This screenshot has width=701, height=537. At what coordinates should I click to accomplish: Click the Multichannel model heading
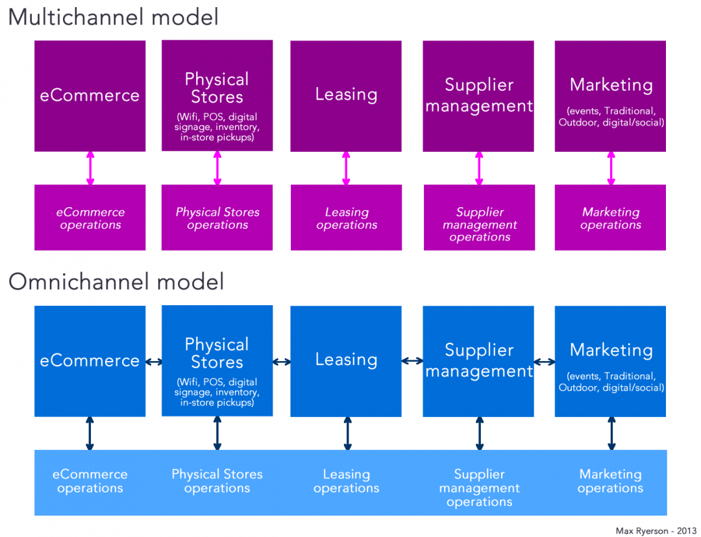113,17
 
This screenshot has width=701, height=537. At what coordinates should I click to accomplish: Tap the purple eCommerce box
90,95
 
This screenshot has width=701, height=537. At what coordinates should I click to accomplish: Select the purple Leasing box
346,95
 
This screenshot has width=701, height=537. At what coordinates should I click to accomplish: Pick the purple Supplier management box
478,95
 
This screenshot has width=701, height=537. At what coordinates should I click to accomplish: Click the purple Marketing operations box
610,218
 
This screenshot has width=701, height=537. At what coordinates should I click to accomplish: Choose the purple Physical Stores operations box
217,218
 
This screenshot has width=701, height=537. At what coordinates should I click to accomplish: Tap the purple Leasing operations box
346,218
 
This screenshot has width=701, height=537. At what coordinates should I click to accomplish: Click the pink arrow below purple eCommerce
90,168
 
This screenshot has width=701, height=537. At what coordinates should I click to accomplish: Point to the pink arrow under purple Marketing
611,168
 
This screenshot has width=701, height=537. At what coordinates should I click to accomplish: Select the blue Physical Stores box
217,360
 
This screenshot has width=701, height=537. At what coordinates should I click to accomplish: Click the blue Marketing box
610,360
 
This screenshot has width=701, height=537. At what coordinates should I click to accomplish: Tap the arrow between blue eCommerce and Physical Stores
154,362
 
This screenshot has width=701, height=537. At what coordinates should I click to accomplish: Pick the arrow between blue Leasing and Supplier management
412,360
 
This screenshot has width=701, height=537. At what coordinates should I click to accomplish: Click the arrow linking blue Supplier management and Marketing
544,360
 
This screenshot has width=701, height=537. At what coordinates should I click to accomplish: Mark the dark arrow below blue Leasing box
347,433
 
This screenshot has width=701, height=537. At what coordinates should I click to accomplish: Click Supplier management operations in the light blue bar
479,488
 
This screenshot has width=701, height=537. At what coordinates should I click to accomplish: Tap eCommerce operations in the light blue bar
90,481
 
